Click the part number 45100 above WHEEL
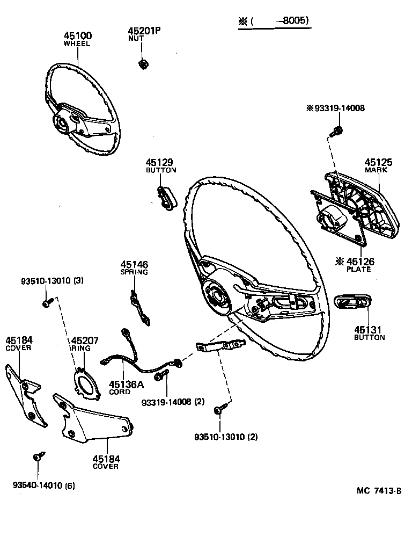pyautogui.click(x=78, y=36)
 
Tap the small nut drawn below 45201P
pyautogui.click(x=143, y=64)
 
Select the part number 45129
pyautogui.click(x=159, y=162)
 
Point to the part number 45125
pyautogui.click(x=379, y=162)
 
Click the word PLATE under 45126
pyautogui.click(x=359, y=269)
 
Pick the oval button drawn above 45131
pyautogui.click(x=352, y=302)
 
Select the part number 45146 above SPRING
pyautogui.click(x=134, y=265)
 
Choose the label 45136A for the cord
pyautogui.click(x=126, y=384)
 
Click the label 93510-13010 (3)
pyautogui.click(x=52, y=281)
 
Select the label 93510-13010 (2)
pyautogui.click(x=226, y=437)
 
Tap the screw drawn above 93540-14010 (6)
pyautogui.click(x=38, y=457)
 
